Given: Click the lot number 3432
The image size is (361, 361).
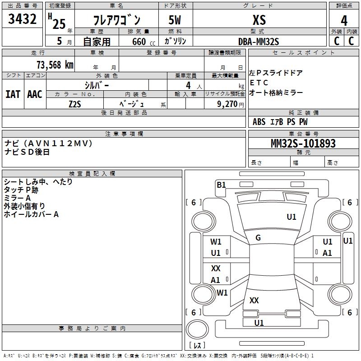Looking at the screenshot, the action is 23,19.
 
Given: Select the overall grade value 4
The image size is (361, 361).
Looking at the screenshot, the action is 344,21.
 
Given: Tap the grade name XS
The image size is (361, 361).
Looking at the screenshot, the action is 259,20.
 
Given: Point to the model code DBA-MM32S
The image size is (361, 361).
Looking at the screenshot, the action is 259,42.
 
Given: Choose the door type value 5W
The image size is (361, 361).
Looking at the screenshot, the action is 176,20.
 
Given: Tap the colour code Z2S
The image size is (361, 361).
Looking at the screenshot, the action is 74,104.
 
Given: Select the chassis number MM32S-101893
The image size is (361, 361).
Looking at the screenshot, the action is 303,143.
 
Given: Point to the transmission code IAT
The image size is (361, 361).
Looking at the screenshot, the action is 13,94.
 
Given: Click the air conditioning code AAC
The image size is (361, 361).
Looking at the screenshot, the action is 34,94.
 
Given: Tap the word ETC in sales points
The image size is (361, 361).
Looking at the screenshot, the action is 259,83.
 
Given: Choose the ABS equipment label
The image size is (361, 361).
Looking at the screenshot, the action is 259,121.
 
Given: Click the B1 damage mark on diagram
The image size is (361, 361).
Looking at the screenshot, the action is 221,184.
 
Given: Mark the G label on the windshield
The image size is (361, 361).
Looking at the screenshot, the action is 258,238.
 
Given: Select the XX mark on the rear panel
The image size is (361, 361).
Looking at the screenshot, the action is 254,300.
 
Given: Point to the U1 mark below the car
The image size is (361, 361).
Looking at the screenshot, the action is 259,323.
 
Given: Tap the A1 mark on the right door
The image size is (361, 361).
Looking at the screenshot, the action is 327,253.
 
